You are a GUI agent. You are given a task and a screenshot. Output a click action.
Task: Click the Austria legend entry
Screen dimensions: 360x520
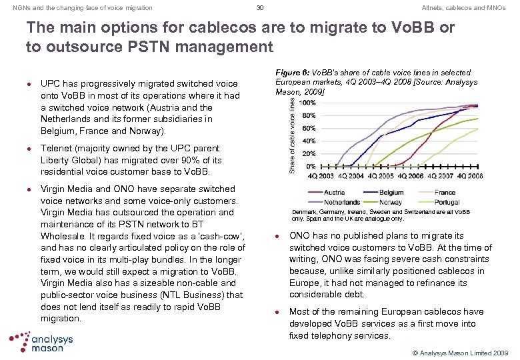(333, 193)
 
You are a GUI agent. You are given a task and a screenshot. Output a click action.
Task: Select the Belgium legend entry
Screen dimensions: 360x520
(391, 193)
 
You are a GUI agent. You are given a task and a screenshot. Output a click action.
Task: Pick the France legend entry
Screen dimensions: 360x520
(445, 193)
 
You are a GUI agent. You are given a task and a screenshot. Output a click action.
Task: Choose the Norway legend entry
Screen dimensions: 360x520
(391, 202)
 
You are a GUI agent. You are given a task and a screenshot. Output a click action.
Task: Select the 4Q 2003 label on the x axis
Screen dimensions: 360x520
(321, 176)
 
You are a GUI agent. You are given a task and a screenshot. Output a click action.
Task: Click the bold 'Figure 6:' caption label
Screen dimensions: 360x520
(291, 72)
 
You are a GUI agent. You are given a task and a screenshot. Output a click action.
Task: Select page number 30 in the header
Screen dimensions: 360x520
(260, 7)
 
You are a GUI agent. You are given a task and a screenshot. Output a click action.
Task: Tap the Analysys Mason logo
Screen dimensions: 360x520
(41, 342)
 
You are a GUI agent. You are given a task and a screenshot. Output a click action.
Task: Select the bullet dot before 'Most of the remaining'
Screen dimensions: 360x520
(277, 312)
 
